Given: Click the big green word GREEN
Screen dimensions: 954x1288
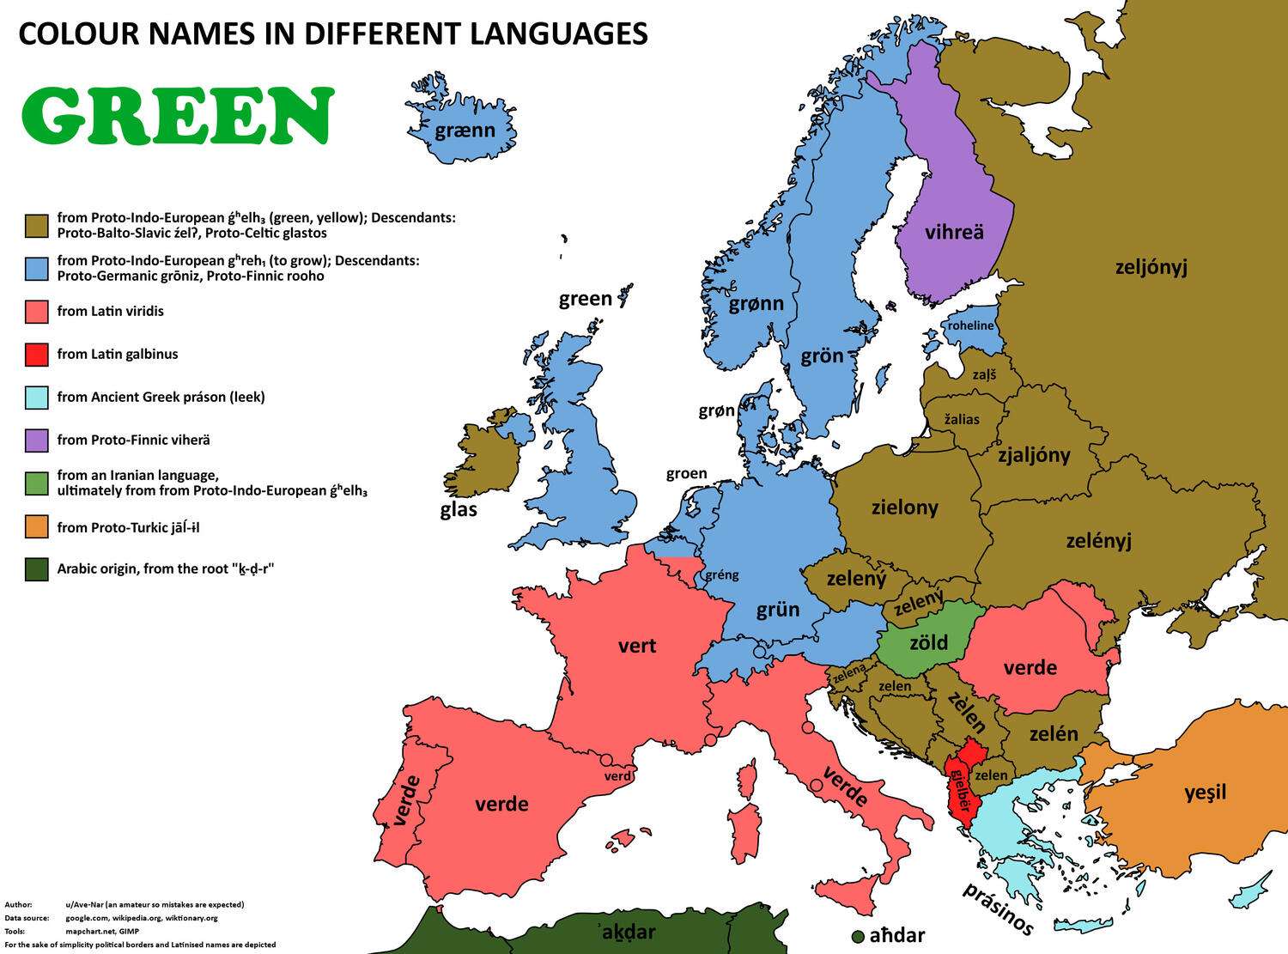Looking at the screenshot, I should [177, 116].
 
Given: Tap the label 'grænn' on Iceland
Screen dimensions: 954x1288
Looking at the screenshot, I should [465, 131].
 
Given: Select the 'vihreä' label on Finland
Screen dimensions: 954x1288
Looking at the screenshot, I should [954, 232].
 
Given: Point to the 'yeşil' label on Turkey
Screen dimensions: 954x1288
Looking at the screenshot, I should [1206, 792].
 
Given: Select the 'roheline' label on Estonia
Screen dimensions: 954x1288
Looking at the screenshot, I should [970, 325].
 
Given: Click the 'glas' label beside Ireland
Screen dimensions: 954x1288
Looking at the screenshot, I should [459, 509].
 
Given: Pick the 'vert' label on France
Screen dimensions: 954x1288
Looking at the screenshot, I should [637, 646].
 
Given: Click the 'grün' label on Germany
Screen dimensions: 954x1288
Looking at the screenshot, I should [778, 610].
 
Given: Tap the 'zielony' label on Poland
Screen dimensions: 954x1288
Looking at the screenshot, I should [904, 507].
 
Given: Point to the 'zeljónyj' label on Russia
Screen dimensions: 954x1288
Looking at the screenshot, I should [1151, 267].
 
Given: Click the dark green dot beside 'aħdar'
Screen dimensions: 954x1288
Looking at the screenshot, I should [857, 935].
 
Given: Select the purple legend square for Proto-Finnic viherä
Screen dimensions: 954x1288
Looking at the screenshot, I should [36, 441].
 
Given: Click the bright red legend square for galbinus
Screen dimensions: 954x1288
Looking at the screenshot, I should [36, 355].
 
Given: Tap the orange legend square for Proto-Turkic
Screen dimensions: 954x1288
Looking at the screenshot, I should [36, 527].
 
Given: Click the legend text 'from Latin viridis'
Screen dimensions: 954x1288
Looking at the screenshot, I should [110, 311].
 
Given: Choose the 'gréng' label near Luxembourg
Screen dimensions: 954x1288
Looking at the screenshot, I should [721, 574].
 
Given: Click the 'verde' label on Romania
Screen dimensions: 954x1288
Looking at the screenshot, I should [1030, 667].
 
